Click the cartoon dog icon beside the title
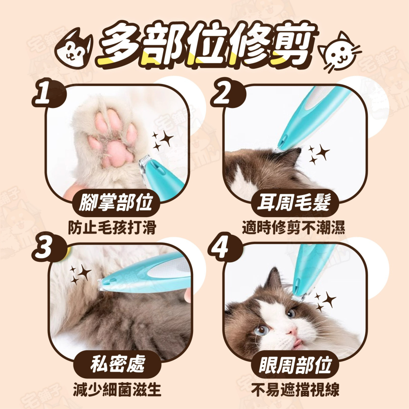point(74,49)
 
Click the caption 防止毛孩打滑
point(112,227)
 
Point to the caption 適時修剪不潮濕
point(294,227)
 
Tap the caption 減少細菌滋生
point(117,390)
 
